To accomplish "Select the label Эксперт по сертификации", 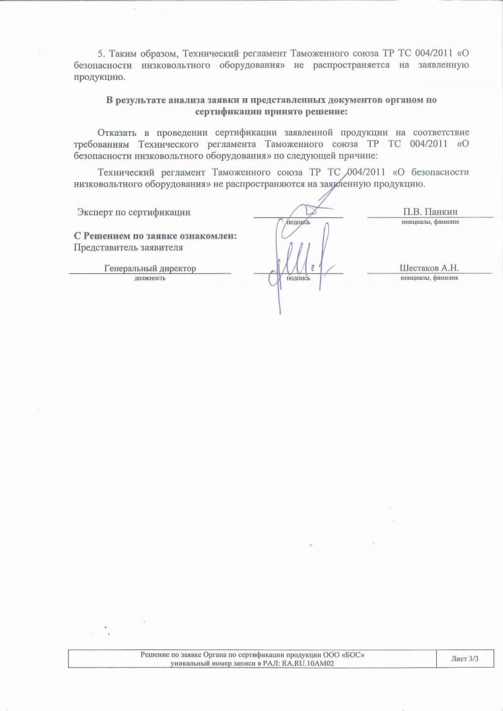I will [134, 212].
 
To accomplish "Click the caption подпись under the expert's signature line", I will [298, 222].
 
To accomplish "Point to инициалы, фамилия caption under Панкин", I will [430, 222].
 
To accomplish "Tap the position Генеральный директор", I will [150, 268].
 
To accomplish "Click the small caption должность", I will [150, 278].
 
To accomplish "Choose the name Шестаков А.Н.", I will [429, 268].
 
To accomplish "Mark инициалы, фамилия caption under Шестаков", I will [429, 278].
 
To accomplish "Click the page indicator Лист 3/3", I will [465, 658].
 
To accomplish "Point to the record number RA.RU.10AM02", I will [307, 663].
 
